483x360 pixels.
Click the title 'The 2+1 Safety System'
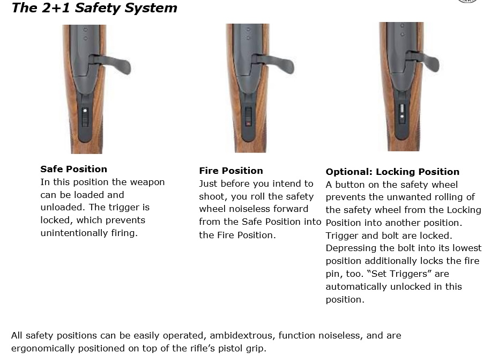click(94, 8)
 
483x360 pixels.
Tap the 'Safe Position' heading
click(73, 169)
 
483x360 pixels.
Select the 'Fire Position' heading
click(231, 171)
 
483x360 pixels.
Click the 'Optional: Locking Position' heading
click(392, 171)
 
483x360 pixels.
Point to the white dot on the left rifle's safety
click(85, 111)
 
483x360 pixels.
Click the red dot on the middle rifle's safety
click(248, 123)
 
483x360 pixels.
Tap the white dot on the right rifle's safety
click(402, 117)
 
